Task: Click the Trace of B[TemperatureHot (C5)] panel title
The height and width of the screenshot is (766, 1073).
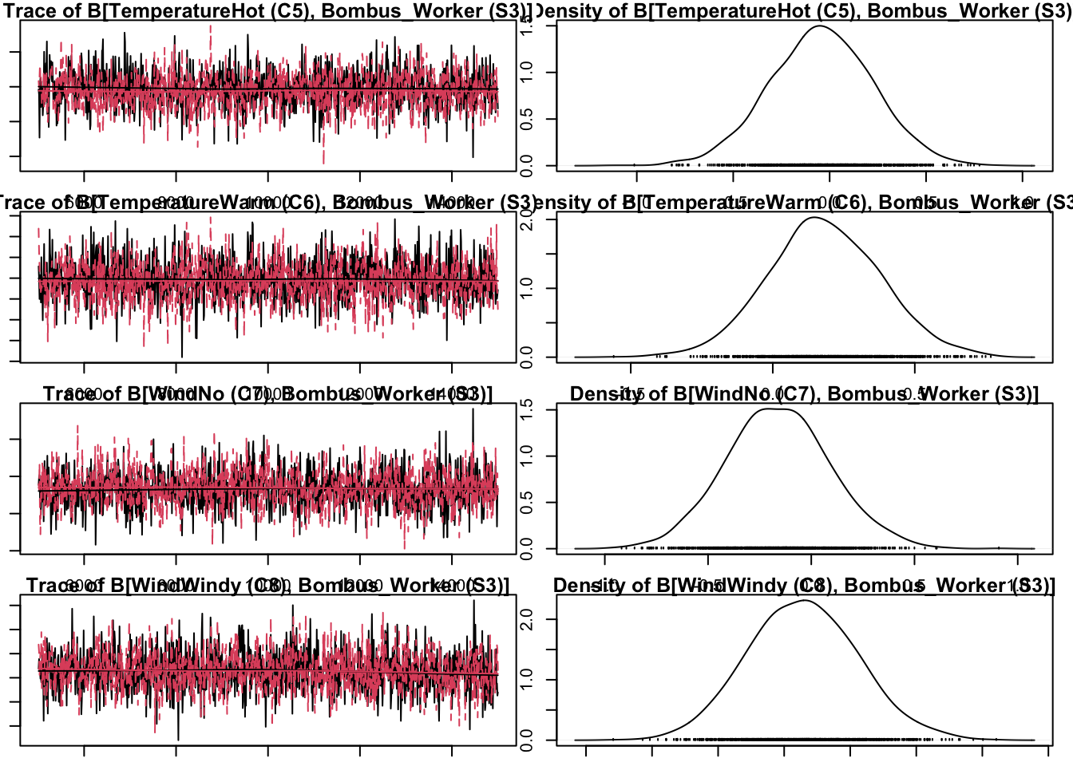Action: click(x=267, y=11)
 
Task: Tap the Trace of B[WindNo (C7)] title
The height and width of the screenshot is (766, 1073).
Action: click(x=267, y=394)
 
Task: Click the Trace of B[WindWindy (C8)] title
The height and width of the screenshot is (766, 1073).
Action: click(x=267, y=586)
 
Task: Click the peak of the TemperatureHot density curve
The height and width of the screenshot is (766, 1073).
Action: click(x=820, y=26)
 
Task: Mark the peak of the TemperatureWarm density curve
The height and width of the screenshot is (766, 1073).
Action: click(x=814, y=218)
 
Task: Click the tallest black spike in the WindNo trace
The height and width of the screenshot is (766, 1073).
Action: click(x=473, y=409)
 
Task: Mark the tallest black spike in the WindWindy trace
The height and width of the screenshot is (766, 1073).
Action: click(x=474, y=601)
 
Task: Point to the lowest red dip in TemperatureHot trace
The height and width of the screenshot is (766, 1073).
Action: click(x=323, y=163)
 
